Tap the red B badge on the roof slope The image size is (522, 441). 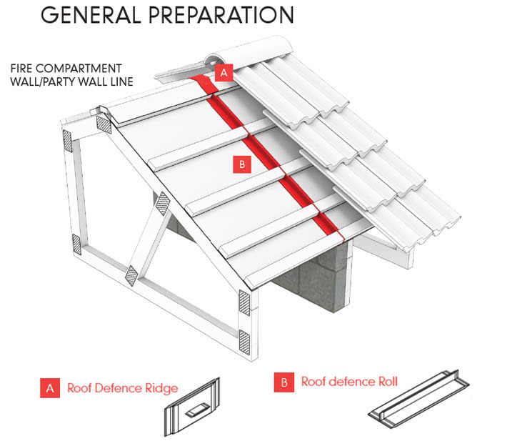coord(241,164)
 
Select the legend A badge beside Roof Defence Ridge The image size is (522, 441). coord(49,388)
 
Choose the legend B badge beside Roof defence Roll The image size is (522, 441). coord(283,382)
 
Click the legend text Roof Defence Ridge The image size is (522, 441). coord(122,388)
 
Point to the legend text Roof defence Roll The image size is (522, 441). coord(348,382)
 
